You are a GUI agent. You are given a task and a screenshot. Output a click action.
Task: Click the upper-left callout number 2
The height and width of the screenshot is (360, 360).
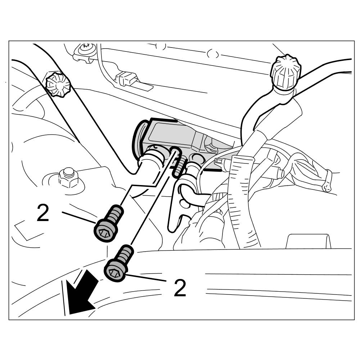pyautogui.click(x=43, y=213)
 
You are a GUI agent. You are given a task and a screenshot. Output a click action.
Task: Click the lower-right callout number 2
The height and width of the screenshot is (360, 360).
pyautogui.click(x=180, y=288)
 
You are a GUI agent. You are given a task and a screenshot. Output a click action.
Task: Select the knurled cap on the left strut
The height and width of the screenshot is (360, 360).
pyautogui.click(x=57, y=85)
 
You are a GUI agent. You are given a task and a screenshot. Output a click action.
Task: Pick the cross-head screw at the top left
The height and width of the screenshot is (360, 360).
pyautogui.click(x=86, y=48)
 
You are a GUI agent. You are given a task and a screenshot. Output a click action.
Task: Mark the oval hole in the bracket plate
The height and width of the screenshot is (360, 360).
pyautogui.click(x=184, y=203)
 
